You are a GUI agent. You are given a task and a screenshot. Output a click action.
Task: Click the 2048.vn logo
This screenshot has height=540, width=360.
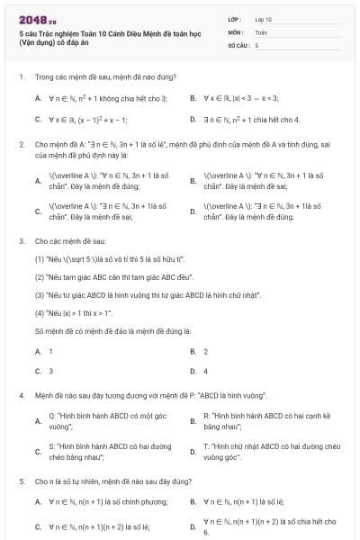pos(32,19)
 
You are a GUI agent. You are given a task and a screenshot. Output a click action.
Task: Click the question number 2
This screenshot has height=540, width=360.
pos(21,144)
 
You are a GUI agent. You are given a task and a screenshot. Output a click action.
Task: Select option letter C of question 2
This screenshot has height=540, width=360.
pos(38,211)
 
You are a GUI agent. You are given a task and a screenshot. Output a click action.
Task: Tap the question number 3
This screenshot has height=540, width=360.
pos(21,241)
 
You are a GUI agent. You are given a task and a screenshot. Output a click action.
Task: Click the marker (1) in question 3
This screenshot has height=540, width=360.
pos(40,258)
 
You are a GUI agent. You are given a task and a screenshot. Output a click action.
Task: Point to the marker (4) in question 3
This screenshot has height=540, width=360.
pos(40,313)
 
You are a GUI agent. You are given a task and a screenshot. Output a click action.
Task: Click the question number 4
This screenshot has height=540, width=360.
pos(21,395)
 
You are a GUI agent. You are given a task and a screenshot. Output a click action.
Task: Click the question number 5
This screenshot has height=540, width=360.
pos(21,481)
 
